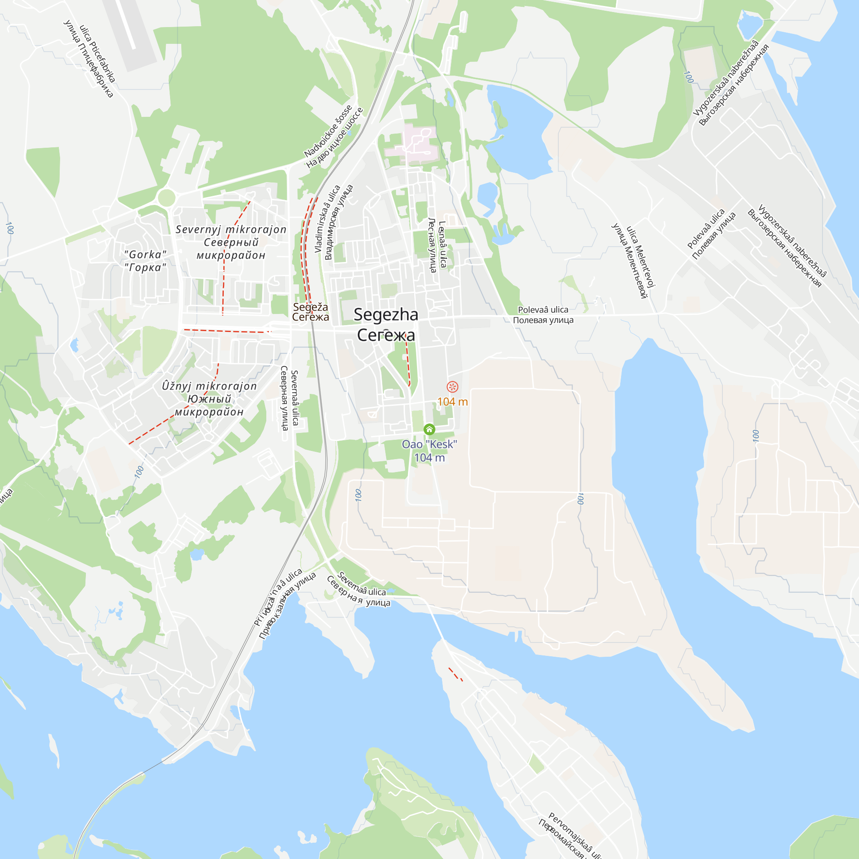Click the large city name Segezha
(x=386, y=325)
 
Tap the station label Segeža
(x=311, y=312)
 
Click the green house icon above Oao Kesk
(x=429, y=429)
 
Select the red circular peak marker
(x=452, y=387)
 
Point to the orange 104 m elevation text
(x=452, y=402)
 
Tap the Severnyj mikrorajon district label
(x=231, y=242)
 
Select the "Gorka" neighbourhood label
(x=146, y=261)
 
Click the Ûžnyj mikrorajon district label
(x=209, y=399)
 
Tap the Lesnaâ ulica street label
(x=437, y=244)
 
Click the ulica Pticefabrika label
(x=89, y=61)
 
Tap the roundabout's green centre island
(x=166, y=198)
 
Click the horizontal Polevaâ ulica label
(x=543, y=315)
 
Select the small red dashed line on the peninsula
(x=455, y=674)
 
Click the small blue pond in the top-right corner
(x=750, y=24)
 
